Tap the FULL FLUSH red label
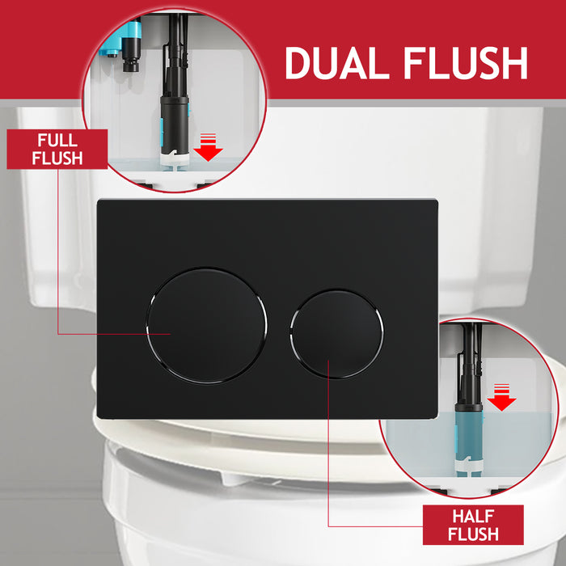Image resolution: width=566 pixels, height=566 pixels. [57, 149]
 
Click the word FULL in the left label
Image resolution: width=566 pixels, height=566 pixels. [57, 139]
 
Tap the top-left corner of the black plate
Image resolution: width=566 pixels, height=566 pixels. [99, 201]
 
